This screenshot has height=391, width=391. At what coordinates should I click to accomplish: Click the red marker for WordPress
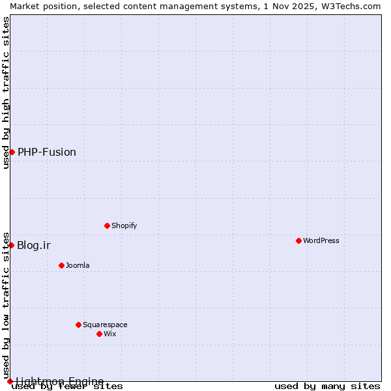(x=298, y=240)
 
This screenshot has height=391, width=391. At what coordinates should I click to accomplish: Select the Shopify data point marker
(x=107, y=225)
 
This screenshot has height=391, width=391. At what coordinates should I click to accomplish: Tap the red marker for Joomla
(x=61, y=265)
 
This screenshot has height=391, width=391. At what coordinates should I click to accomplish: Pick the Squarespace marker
(x=78, y=325)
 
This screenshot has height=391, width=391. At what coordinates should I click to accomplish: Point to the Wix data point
(x=99, y=334)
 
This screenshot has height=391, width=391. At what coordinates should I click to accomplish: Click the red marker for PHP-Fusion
(x=12, y=152)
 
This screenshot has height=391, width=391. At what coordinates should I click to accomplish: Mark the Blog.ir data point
(x=12, y=245)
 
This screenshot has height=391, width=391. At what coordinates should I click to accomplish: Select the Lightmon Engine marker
(x=10, y=381)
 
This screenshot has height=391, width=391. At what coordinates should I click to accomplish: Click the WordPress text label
(x=321, y=240)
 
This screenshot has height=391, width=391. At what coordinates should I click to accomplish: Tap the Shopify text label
(x=124, y=225)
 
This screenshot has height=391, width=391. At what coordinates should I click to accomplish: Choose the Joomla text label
(x=78, y=265)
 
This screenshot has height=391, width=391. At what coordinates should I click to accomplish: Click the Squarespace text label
(x=105, y=325)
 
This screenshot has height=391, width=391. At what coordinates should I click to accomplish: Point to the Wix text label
(x=110, y=334)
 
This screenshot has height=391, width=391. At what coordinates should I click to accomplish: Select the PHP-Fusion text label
(x=47, y=152)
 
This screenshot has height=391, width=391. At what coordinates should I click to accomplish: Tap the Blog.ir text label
(x=34, y=245)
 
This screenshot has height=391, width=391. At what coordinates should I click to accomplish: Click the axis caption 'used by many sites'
(x=327, y=386)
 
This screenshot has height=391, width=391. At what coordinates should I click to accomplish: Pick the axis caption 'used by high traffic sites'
(x=6, y=93)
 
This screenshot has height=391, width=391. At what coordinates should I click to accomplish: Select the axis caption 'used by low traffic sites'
(x=6, y=305)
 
